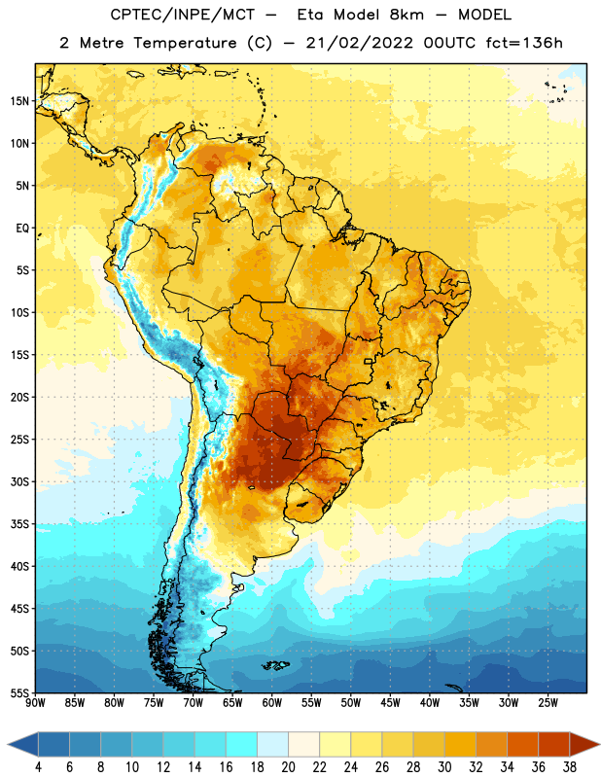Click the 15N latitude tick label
click(x=19, y=101)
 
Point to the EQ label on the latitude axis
click(x=22, y=229)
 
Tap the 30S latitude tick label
click(x=19, y=481)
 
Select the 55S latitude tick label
click(x=19, y=692)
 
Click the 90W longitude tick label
click(x=35, y=703)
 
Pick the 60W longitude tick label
click(x=272, y=703)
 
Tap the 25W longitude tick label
click(x=548, y=703)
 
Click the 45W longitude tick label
click(x=390, y=703)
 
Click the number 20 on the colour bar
click(x=288, y=767)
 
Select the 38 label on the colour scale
click(x=570, y=767)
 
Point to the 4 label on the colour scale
click(x=38, y=767)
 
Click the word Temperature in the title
click(x=185, y=43)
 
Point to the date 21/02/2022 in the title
click(x=359, y=43)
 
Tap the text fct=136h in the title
click(x=524, y=43)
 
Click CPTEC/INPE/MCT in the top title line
click(x=182, y=15)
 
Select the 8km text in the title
click(x=407, y=15)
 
